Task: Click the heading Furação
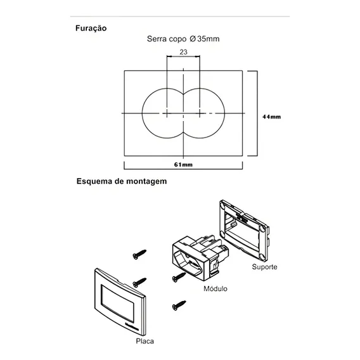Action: coord(91,29)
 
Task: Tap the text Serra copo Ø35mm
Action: coord(183,39)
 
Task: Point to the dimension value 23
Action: coord(183,52)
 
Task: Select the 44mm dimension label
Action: coord(272,117)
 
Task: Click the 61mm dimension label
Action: coord(183,165)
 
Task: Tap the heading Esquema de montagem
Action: coord(122,181)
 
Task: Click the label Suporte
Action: coord(264,267)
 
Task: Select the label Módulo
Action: coord(215,288)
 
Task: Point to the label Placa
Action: coord(145,341)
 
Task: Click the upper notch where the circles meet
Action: coord(183,94)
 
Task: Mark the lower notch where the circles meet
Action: coord(183,132)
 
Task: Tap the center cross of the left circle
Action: coord(167,113)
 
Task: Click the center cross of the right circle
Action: coord(200,113)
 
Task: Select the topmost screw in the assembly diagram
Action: coord(139,254)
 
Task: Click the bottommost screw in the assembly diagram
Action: coord(179,305)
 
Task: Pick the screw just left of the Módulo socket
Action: coord(179,277)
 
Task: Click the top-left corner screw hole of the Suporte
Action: coord(222,204)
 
